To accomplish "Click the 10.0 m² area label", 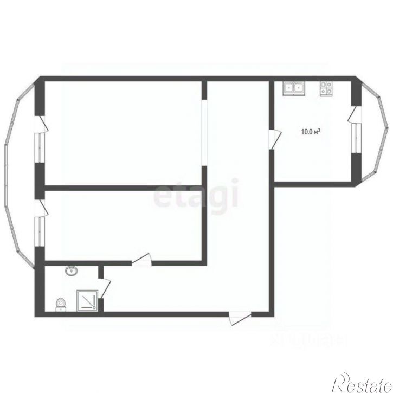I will click(x=311, y=131).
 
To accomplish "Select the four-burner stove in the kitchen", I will click(x=325, y=88).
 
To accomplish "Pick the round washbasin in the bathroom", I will click(x=70, y=271).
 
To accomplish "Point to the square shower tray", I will click(x=87, y=300).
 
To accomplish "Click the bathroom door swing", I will click(x=105, y=287).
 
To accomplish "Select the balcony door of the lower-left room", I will click(x=41, y=208).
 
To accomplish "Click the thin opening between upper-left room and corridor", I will click(x=204, y=133).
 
